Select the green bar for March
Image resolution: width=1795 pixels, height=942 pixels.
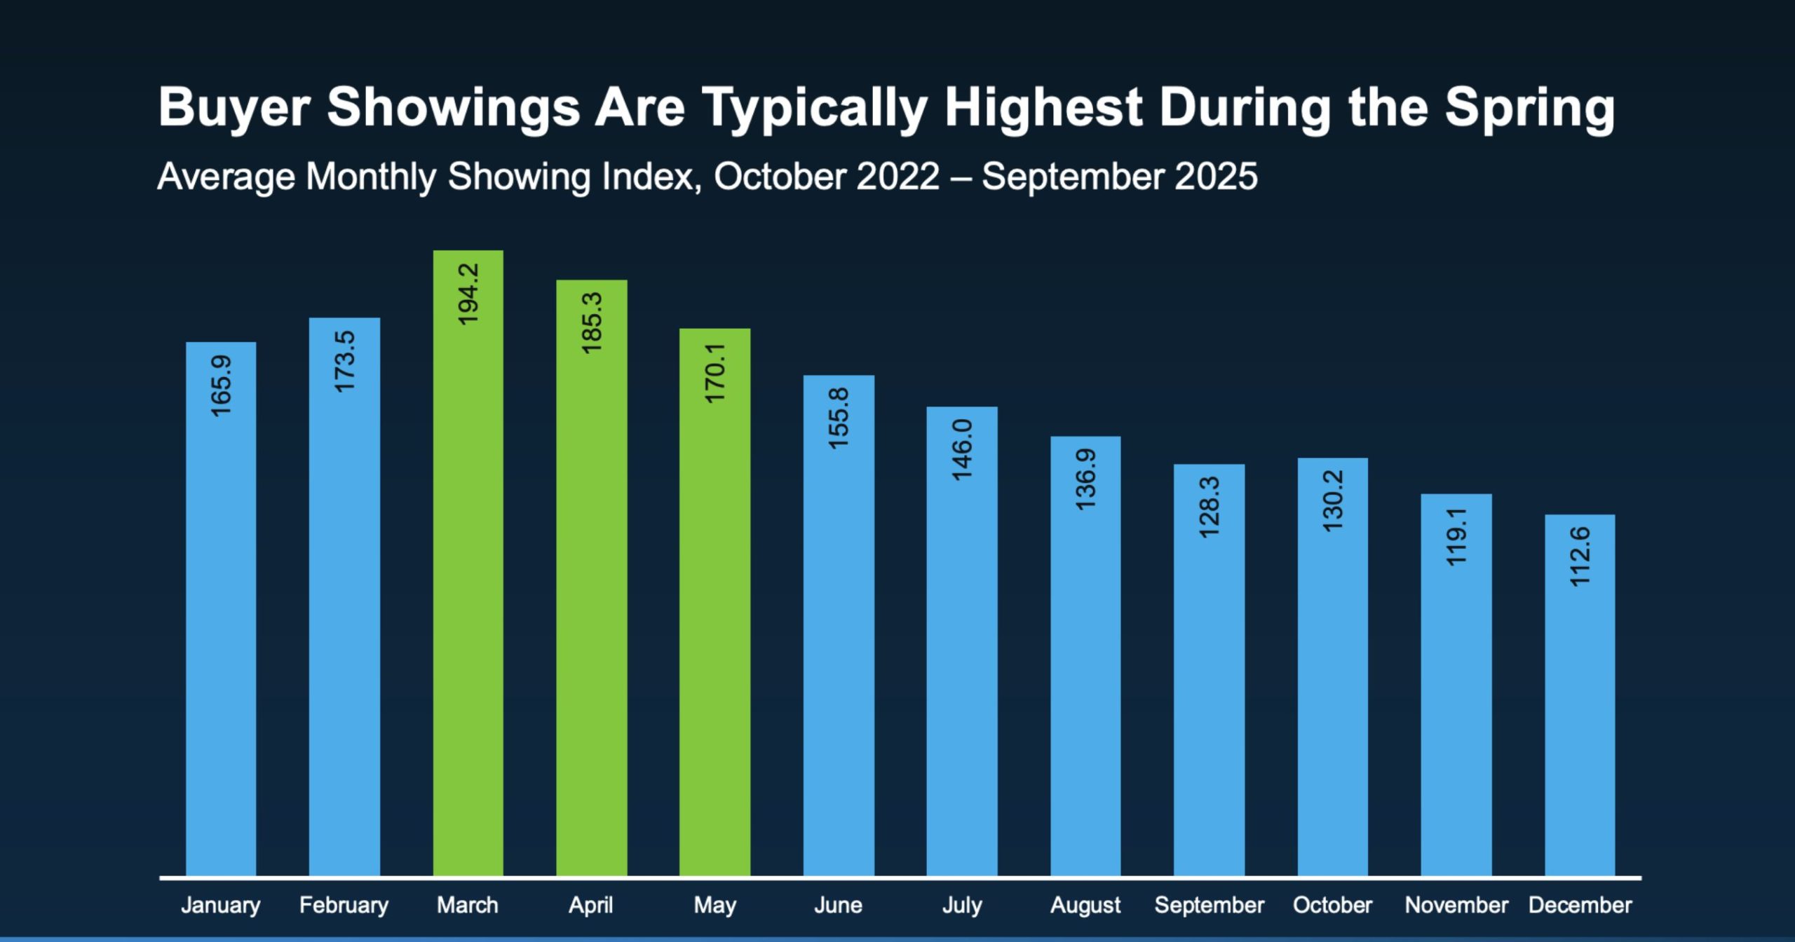click(468, 596)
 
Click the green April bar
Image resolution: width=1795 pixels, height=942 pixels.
click(591, 610)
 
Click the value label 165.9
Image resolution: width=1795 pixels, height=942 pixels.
click(221, 386)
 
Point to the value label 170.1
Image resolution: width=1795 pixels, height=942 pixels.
click(714, 373)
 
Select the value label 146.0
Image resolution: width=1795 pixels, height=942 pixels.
click(962, 450)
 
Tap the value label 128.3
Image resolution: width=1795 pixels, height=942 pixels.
click(1210, 507)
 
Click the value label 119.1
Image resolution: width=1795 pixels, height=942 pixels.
click(1456, 538)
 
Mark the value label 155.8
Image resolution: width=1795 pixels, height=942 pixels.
click(839, 419)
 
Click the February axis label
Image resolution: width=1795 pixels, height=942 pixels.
click(344, 905)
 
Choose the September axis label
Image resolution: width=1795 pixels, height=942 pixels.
click(1209, 905)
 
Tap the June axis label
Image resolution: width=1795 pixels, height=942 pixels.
click(838, 905)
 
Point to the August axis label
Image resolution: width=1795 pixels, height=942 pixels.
click(1085, 905)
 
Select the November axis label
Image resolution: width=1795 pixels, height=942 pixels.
click(1456, 905)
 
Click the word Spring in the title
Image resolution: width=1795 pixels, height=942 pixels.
click(1529, 109)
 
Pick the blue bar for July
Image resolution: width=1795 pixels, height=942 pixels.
click(962, 666)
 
